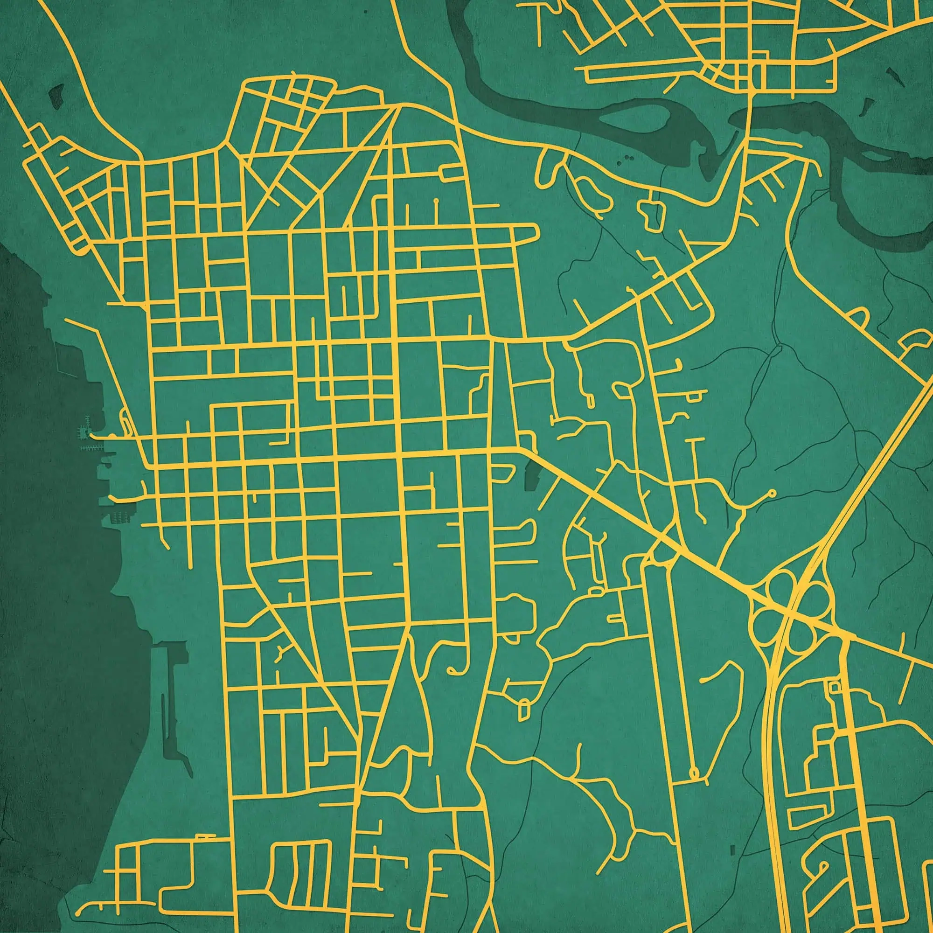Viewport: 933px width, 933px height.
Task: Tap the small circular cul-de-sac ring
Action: coord(771,494)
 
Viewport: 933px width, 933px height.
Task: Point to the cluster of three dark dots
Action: coord(627,158)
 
